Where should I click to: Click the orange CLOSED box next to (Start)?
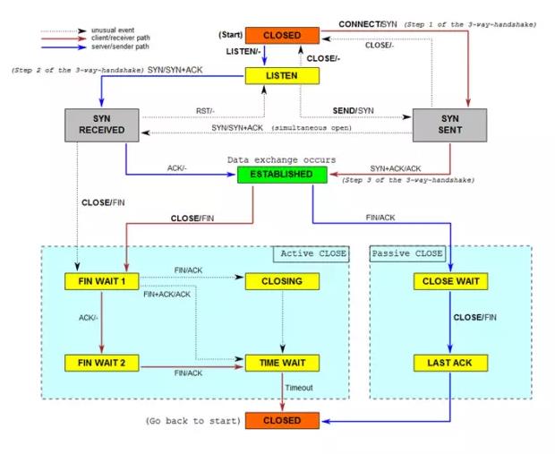click(x=280, y=36)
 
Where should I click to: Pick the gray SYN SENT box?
click(x=448, y=125)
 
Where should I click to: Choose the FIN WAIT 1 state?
click(x=101, y=282)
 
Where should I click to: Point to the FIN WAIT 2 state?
click(x=101, y=363)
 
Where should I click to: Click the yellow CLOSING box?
click(x=281, y=282)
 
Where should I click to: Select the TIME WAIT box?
click(x=281, y=363)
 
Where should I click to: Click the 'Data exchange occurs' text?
click(x=280, y=159)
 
